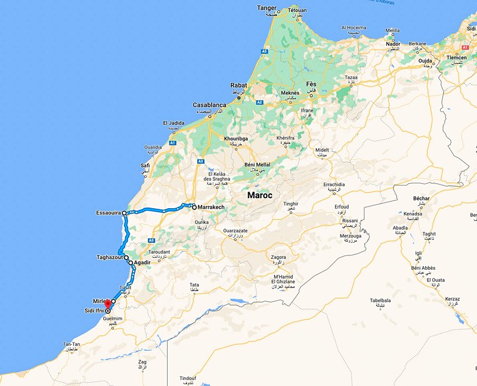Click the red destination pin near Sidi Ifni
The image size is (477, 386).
click(107, 303)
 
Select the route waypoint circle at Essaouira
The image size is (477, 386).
click(125, 213)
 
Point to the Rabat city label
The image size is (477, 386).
click(238, 85)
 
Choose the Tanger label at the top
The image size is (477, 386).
click(268, 7)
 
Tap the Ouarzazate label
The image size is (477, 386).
click(238, 230)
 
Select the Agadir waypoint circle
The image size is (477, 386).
click(131, 263)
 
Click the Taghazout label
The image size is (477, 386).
click(110, 257)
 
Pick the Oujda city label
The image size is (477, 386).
click(424, 60)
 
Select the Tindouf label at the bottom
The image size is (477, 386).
click(189, 378)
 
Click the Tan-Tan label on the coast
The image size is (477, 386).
click(72, 345)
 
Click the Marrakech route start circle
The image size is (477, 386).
click(194, 207)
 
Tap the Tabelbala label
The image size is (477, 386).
click(380, 300)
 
